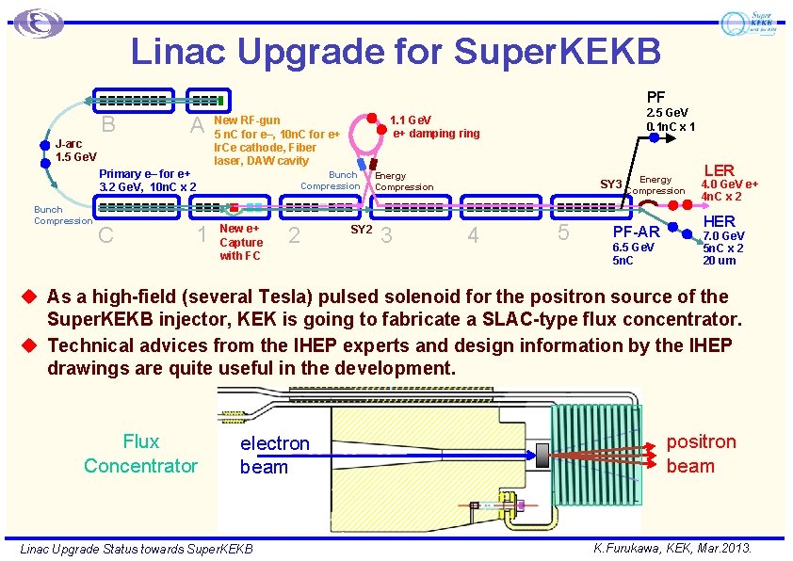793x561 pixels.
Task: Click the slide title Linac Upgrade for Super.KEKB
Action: pyautogui.click(x=396, y=51)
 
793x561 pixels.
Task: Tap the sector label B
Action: pyautogui.click(x=108, y=125)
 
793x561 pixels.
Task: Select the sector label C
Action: pyautogui.click(x=106, y=235)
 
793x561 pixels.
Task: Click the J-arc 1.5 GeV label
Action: pyautogui.click(x=76, y=151)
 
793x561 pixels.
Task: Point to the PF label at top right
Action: pyautogui.click(x=655, y=96)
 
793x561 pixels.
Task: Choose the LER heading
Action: pyautogui.click(x=719, y=170)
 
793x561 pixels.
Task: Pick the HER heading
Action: pyautogui.click(x=719, y=220)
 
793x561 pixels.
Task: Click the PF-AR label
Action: pyautogui.click(x=636, y=232)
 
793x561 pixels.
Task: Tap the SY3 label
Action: pyautogui.click(x=611, y=183)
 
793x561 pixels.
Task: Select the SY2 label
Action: pyautogui.click(x=362, y=229)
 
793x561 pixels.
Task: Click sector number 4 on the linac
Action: pyautogui.click(x=473, y=235)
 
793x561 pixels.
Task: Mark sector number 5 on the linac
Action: pyautogui.click(x=563, y=233)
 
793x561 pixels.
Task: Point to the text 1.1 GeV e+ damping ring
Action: pyautogui.click(x=434, y=127)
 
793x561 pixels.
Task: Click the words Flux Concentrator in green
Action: pyautogui.click(x=140, y=454)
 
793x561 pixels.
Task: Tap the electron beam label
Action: pyautogui.click(x=274, y=455)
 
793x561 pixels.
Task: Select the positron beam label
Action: pyautogui.click(x=701, y=454)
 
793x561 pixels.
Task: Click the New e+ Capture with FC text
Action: pyautogui.click(x=241, y=242)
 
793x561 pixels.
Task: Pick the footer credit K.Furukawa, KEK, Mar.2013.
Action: pyautogui.click(x=672, y=548)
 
